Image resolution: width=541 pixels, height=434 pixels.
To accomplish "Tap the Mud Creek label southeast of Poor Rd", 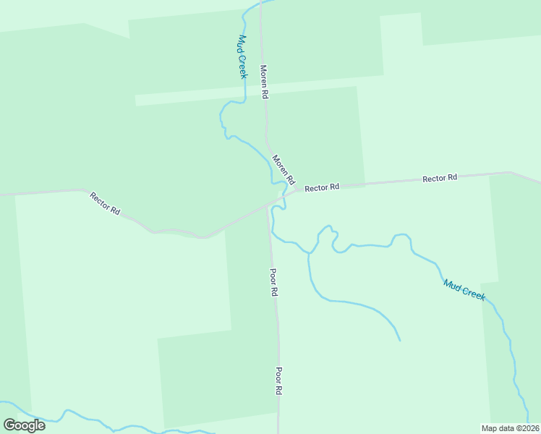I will pyautogui.click(x=464, y=290).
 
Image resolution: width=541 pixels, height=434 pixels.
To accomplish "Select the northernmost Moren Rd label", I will pyautogui.click(x=265, y=82).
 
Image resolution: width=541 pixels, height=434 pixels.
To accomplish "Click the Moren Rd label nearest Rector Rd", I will pyautogui.click(x=283, y=169).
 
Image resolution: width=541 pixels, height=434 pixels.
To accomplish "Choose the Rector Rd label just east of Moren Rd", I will pyautogui.click(x=322, y=187).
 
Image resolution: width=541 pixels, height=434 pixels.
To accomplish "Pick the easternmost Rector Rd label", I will pyautogui.click(x=440, y=178).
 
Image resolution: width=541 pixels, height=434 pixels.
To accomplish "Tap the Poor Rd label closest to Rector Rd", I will pyautogui.click(x=273, y=283).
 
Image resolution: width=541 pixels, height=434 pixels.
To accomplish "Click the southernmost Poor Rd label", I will pyautogui.click(x=278, y=380).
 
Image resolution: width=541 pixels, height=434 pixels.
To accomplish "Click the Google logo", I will pyautogui.click(x=24, y=425).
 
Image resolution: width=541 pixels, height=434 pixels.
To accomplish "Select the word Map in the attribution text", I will pyautogui.click(x=490, y=427).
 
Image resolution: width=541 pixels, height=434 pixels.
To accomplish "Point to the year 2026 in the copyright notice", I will pyautogui.click(x=527, y=427).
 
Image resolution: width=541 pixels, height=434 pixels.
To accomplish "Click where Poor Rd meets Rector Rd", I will pyautogui.click(x=268, y=205).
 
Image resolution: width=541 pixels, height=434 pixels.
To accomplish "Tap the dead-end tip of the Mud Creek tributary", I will pyautogui.click(x=399, y=340).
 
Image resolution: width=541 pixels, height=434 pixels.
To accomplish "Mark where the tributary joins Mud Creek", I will pyautogui.click(x=310, y=252).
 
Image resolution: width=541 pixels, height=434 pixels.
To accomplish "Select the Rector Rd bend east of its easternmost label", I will pyautogui.click(x=511, y=172).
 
